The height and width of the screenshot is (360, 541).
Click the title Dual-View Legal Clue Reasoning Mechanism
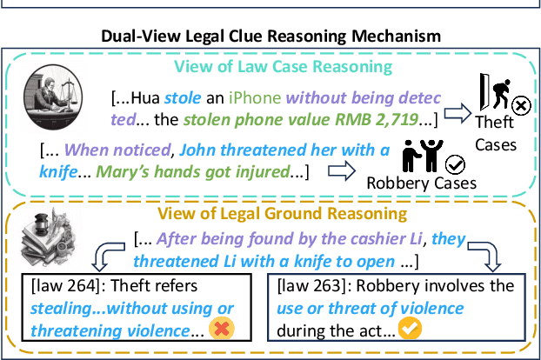[x=270, y=37]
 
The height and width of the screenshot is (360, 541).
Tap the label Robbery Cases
[x=422, y=183]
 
